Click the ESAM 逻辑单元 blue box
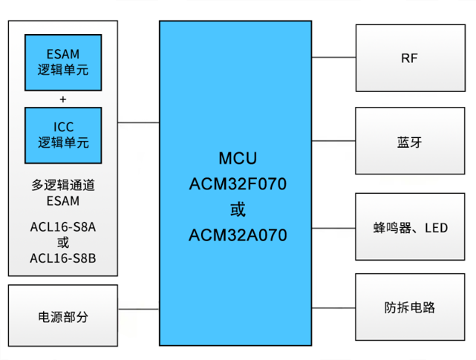pyautogui.click(x=63, y=62)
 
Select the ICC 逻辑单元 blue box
pyautogui.click(x=63, y=135)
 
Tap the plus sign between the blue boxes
pyautogui.click(x=63, y=99)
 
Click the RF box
pyautogui.click(x=409, y=57)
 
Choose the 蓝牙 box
pyautogui.click(x=409, y=142)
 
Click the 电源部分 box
pyautogui.click(x=63, y=316)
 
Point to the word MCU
pyautogui.click(x=238, y=159)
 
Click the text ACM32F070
pyautogui.click(x=238, y=184)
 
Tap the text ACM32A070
pyautogui.click(x=238, y=235)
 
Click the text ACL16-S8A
pyautogui.click(x=63, y=227)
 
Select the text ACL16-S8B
pyautogui.click(x=63, y=258)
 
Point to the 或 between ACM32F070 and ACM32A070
pyautogui.click(x=238, y=210)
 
